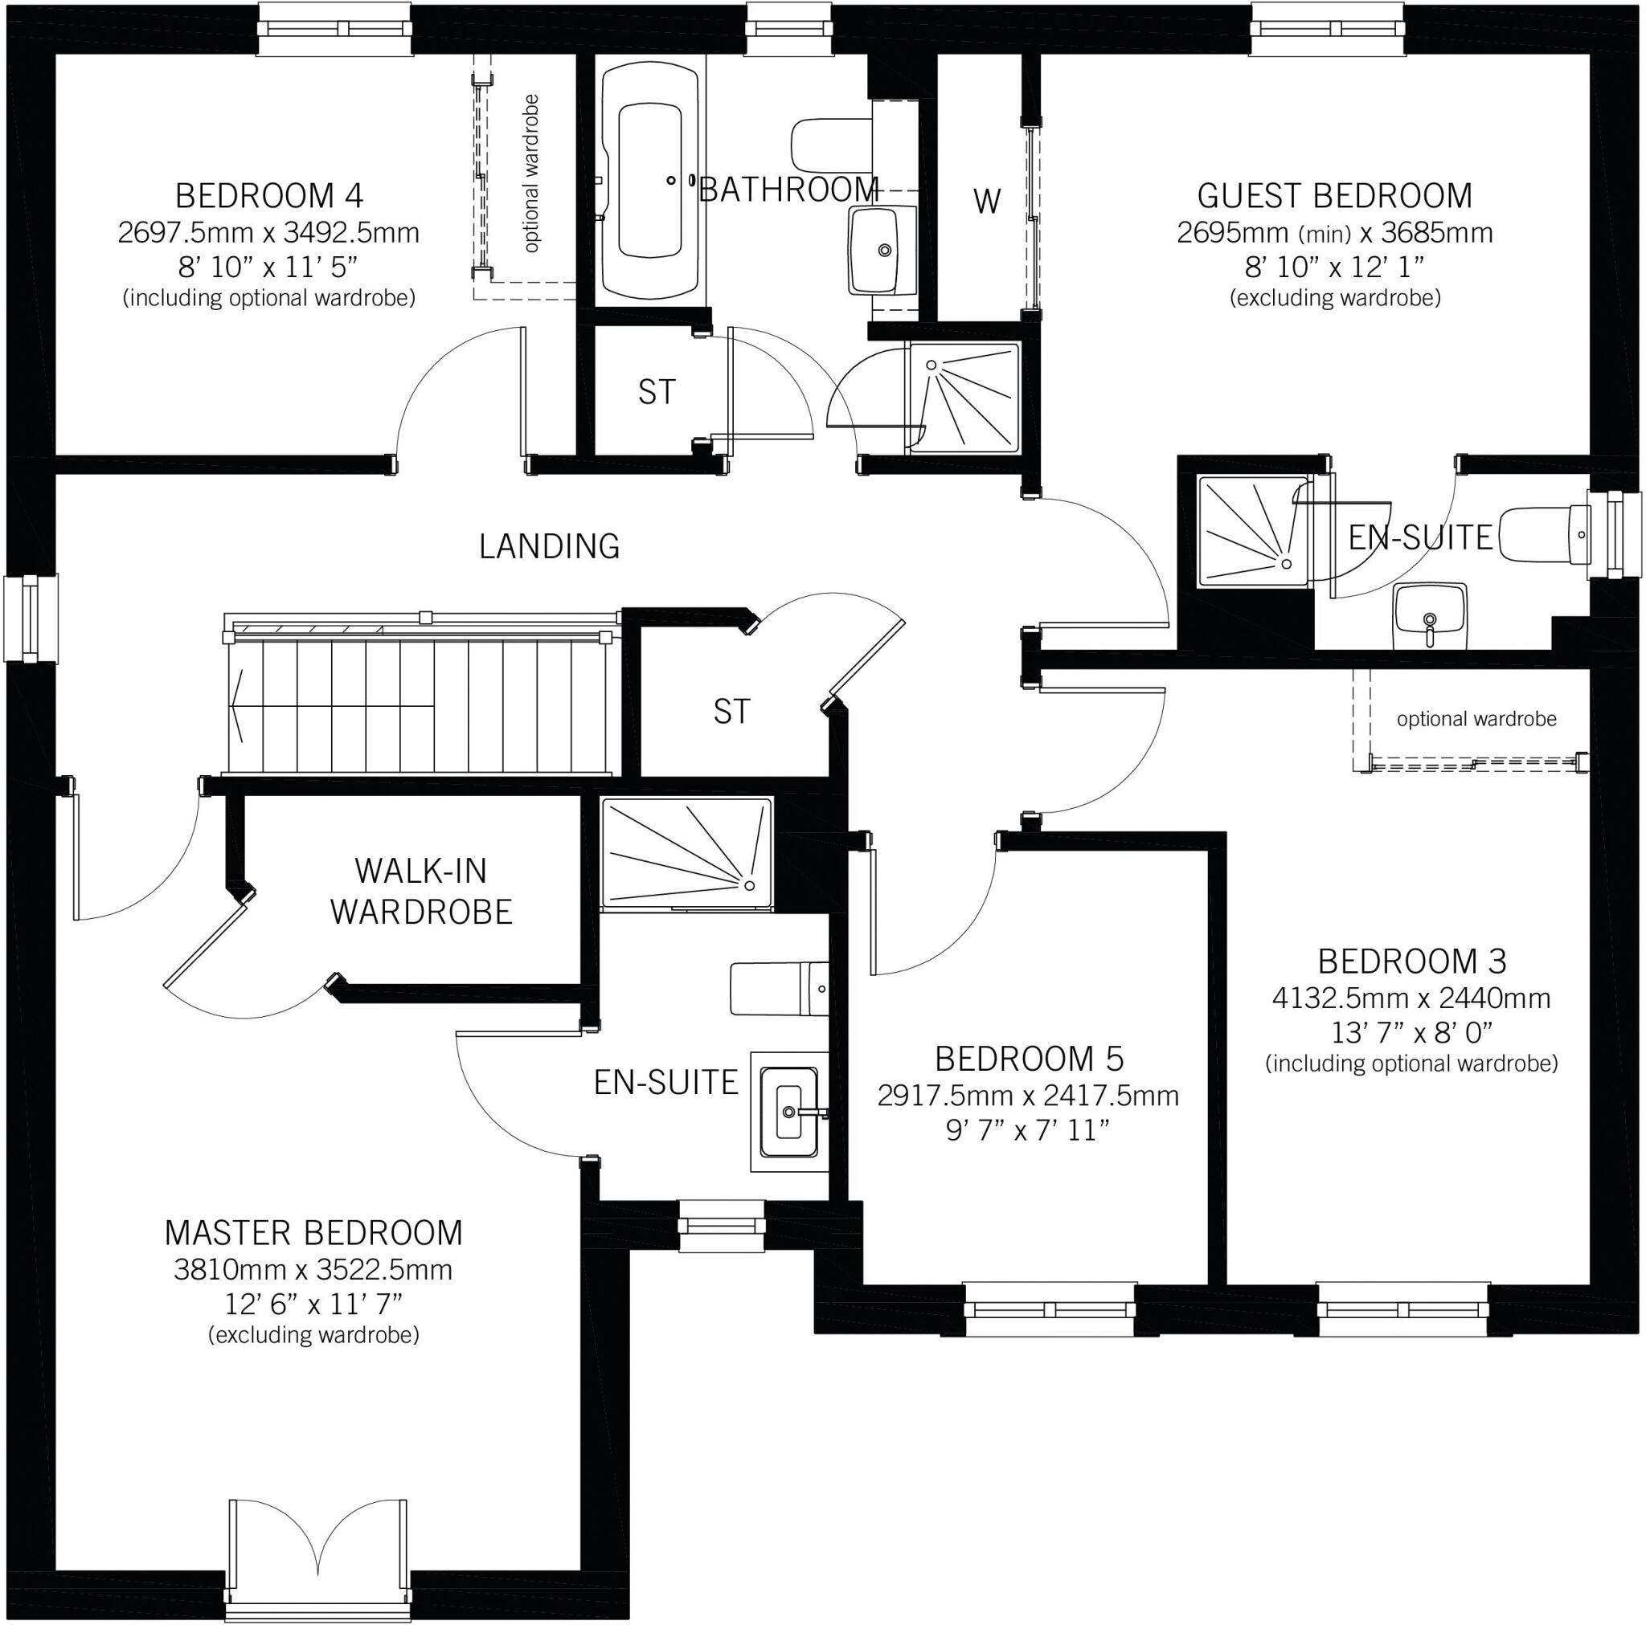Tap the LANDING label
pos(550,546)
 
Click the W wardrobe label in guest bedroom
pos(987,202)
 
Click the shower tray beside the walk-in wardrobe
pos(686,853)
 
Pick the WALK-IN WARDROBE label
pos(421,891)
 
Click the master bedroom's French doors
pos(317,1553)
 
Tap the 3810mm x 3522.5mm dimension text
pos(313,1270)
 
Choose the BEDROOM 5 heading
pos(1030,1059)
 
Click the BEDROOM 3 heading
pos(1411,962)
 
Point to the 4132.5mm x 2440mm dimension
pos(1411,998)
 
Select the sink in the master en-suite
pos(789,1112)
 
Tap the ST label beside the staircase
pos(732,711)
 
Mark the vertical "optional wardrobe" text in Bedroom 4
pos(531,173)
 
